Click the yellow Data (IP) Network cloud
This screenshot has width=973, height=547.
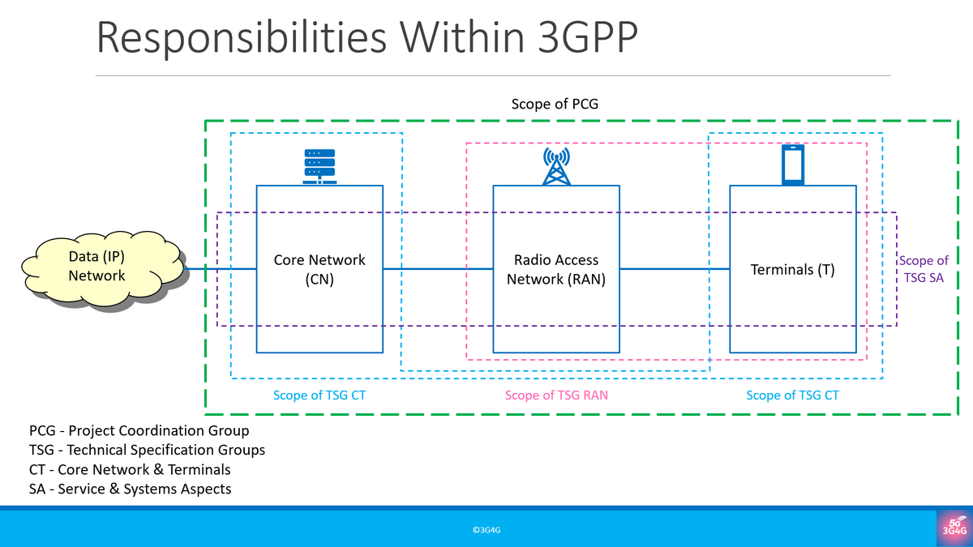pyautogui.click(x=97, y=267)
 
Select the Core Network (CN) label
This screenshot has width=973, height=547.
pyautogui.click(x=319, y=270)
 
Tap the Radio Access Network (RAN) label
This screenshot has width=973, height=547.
pyautogui.click(x=556, y=270)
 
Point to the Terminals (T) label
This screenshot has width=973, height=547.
pyautogui.click(x=792, y=270)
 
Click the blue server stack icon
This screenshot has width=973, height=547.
pyautogui.click(x=319, y=166)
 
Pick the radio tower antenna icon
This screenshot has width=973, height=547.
pyautogui.click(x=556, y=165)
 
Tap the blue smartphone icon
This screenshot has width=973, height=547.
pyautogui.click(x=792, y=165)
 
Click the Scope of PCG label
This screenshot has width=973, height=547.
pyautogui.click(x=555, y=105)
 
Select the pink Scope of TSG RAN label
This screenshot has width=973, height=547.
pyautogui.click(x=556, y=395)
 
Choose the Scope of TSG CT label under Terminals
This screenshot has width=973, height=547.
pyautogui.click(x=792, y=395)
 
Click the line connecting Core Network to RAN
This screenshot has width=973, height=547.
pyautogui.click(x=438, y=268)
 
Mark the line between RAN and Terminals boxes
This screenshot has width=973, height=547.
pyautogui.click(x=675, y=268)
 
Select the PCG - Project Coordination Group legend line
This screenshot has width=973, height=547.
pyautogui.click(x=139, y=431)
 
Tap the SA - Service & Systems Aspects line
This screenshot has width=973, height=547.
pyautogui.click(x=130, y=489)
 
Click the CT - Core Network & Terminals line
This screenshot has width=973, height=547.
pyautogui.click(x=130, y=470)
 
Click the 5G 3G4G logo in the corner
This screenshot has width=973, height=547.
pyautogui.click(x=954, y=528)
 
